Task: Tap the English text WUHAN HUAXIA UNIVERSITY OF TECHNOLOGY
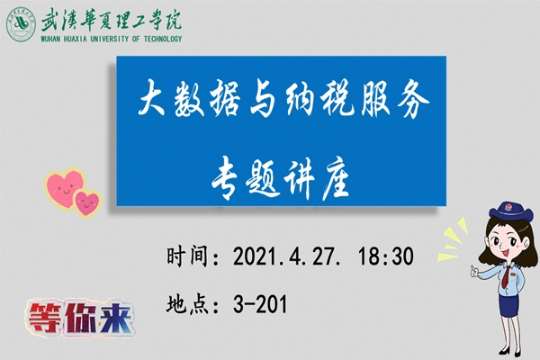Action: (x=111, y=40)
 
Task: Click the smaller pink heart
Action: (x=87, y=202)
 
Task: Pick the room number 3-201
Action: (x=259, y=304)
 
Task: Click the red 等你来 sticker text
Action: (x=79, y=319)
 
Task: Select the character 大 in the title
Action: (x=156, y=102)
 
